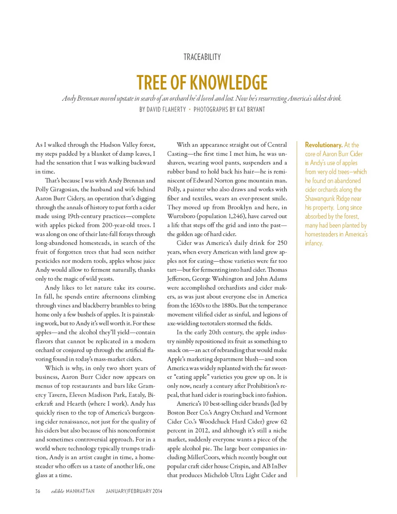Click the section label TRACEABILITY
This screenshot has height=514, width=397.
(202, 57)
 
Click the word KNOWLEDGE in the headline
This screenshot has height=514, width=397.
(229, 83)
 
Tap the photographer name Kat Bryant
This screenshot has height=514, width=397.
(250, 109)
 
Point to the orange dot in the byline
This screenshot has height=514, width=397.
(190, 109)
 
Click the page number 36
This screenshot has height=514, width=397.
(38, 491)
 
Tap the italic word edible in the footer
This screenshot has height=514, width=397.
(57, 491)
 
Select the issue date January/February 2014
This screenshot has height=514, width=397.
(134, 491)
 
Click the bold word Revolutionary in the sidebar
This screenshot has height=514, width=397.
(323, 145)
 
